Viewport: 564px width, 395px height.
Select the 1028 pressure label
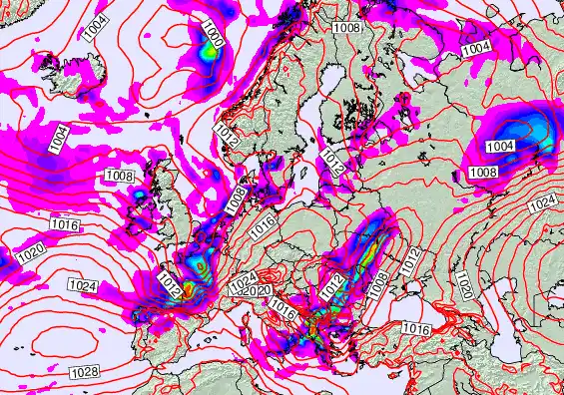(x=84, y=372)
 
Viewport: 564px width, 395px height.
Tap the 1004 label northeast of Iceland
(x=97, y=28)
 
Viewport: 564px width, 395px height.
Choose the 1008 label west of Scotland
(x=118, y=176)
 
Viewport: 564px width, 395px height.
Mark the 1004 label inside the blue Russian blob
(x=500, y=147)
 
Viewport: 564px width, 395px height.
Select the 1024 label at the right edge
(x=541, y=202)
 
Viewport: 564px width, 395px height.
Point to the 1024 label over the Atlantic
(x=82, y=286)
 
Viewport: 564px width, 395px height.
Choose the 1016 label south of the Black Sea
(x=416, y=328)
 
